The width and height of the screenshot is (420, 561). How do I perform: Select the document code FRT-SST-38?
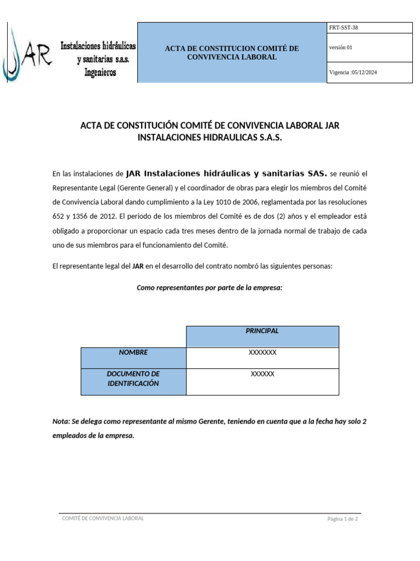(343, 27)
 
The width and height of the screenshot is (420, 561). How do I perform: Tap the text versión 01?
(341, 48)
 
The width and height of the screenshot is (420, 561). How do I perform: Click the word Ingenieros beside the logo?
(100, 72)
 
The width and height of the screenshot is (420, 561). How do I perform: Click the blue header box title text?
(232, 53)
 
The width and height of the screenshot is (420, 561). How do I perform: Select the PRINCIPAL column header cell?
(262, 331)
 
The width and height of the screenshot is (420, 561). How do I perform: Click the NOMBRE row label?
(133, 352)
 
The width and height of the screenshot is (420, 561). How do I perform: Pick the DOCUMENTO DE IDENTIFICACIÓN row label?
(133, 379)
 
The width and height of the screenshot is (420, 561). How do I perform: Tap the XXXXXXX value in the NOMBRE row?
(262, 352)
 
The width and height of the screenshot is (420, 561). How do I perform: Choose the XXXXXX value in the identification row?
(262, 374)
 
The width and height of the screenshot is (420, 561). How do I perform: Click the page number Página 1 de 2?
(342, 519)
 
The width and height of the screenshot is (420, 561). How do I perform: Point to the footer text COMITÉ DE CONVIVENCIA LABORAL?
(103, 518)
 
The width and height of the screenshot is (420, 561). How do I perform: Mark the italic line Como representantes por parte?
(209, 287)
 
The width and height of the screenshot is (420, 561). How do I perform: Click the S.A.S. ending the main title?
(268, 138)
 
